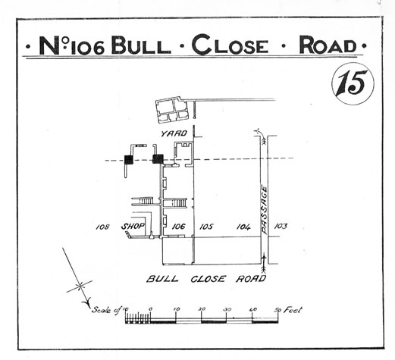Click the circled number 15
(353, 83)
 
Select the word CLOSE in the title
(230, 45)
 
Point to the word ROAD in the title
(328, 45)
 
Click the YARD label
(174, 133)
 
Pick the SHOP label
(133, 227)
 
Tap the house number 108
(102, 227)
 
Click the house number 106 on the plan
(178, 227)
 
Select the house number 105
(206, 227)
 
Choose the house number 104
(243, 227)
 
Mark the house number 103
(281, 226)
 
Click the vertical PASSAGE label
(264, 210)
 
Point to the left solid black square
(129, 160)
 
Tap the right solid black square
(158, 159)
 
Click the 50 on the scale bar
(278, 310)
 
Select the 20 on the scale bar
(202, 309)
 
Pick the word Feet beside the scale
(293, 310)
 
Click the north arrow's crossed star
(80, 286)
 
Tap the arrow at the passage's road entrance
(265, 264)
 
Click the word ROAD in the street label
(251, 279)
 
